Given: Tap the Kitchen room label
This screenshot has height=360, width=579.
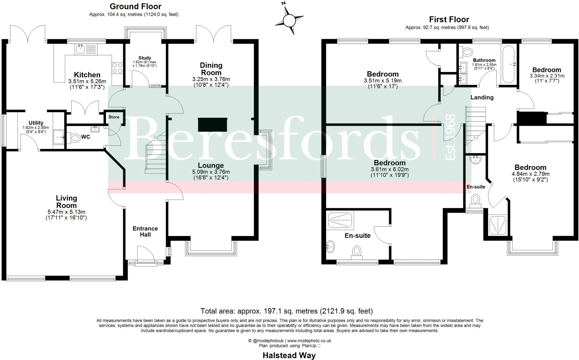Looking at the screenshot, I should click(87, 75).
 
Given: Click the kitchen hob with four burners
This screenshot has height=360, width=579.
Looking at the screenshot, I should click(117, 68).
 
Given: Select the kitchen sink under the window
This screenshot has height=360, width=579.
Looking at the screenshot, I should click(81, 49).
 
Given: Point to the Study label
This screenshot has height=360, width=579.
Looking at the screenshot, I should click(145, 58).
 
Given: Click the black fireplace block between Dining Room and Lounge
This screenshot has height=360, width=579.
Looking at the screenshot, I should click(213, 125).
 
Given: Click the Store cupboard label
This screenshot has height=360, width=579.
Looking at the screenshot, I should click(114, 117).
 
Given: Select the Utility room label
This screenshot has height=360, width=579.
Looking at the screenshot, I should click(36, 123).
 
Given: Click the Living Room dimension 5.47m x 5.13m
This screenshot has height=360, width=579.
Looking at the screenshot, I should click(66, 212).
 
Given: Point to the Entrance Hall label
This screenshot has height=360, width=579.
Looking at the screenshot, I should click(145, 231).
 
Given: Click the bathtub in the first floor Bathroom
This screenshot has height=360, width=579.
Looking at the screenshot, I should click(509, 64).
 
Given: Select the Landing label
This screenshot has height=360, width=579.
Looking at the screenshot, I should click(482, 97).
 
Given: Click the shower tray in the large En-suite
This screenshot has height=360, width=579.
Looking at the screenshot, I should click(341, 221).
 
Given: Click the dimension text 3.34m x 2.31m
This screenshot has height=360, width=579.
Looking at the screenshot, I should click(547, 76).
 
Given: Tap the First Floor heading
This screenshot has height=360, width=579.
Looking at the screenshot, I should click(449, 19).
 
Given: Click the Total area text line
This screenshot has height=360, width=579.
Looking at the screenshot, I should click(286, 311).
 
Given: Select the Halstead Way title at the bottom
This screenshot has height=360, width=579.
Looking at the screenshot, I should click(289, 355).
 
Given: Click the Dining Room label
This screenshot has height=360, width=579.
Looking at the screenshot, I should click(211, 69).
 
